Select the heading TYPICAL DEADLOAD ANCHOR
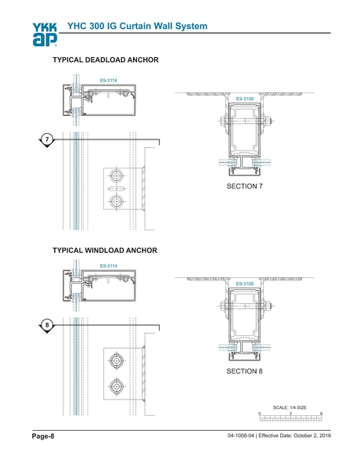[x=106, y=60]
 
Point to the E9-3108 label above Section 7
[x=244, y=99]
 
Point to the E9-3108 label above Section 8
[x=244, y=283]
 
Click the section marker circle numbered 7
[x=47, y=139]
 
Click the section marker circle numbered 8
[x=47, y=324]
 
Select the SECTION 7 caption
[x=244, y=186]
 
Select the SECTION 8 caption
[x=244, y=371]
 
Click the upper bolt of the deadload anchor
[x=117, y=174]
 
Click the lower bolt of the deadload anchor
[x=117, y=202]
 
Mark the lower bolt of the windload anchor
[x=117, y=386]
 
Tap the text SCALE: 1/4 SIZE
[x=290, y=407]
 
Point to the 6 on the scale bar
[x=322, y=413]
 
